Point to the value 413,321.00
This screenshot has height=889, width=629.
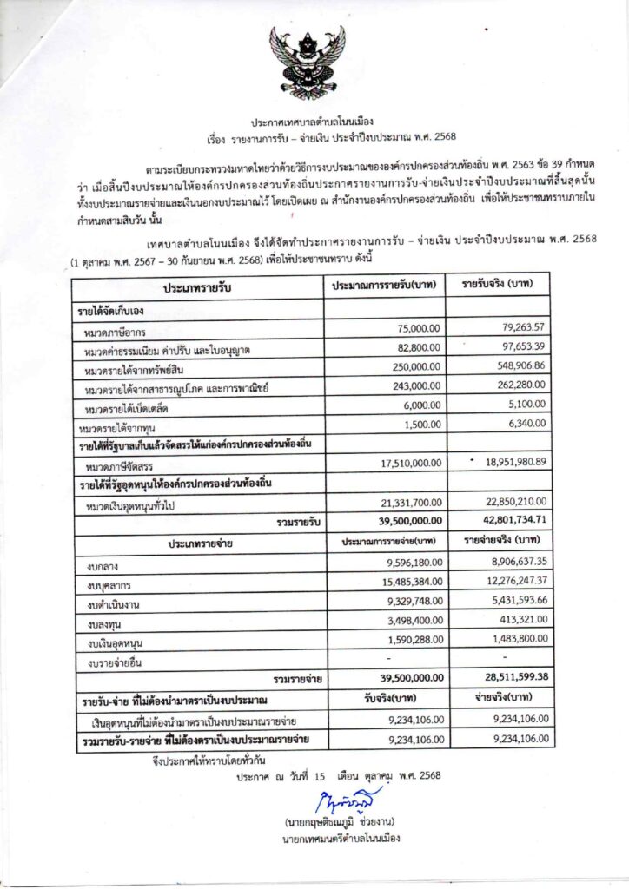coord(517,622)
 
